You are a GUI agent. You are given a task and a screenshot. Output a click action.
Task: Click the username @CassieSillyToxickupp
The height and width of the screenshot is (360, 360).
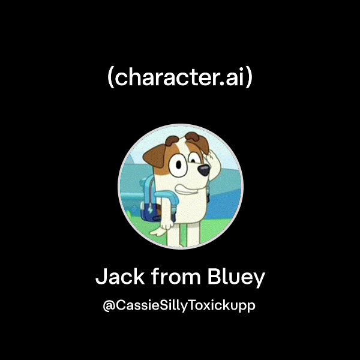point(180,305)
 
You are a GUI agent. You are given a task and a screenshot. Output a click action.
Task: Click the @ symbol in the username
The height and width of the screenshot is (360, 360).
point(109,306)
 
